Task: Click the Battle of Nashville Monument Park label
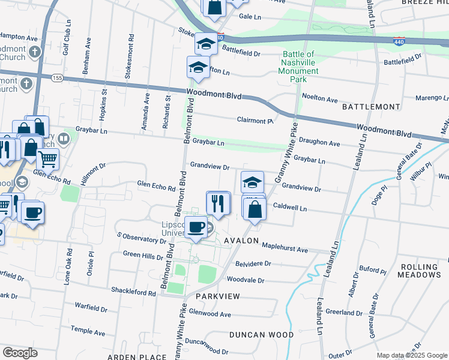pyautogui.click(x=301, y=67)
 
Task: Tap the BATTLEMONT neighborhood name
pyautogui.click(x=371, y=107)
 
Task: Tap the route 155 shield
pyautogui.click(x=58, y=78)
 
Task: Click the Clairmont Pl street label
pyautogui.click(x=255, y=121)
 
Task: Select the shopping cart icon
pyautogui.click(x=48, y=159)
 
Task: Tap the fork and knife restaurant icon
pyautogui.click(x=218, y=203)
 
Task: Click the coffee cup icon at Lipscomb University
pyautogui.click(x=196, y=227)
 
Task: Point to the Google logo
pyautogui.click(x=20, y=353)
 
